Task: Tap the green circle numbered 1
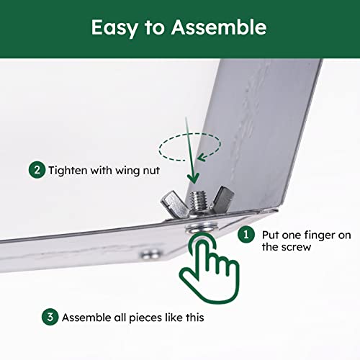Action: (x=246, y=234)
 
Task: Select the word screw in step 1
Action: (x=296, y=247)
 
